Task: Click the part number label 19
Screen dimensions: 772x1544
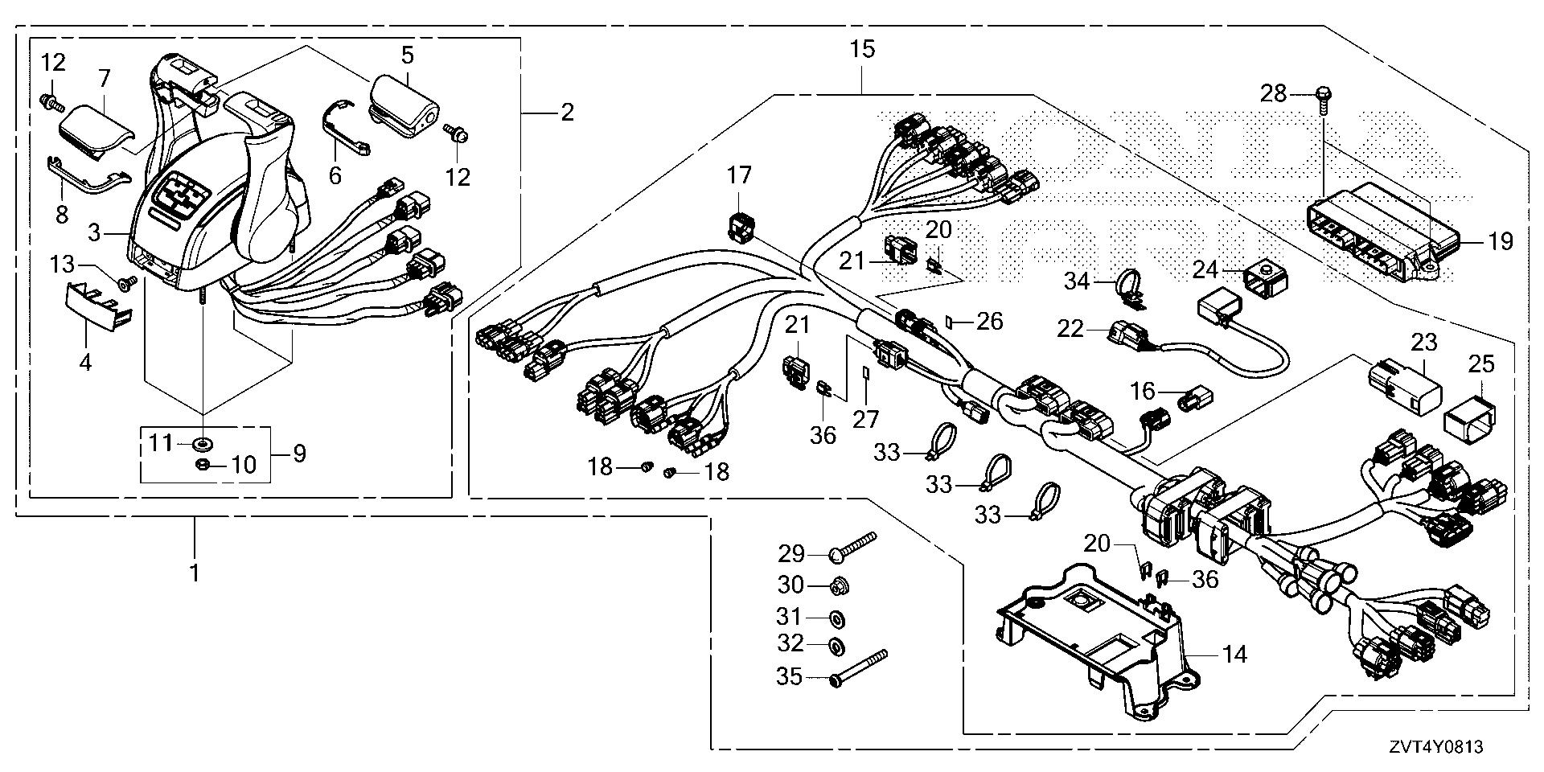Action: tap(1500, 241)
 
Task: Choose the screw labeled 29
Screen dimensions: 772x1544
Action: tap(852, 547)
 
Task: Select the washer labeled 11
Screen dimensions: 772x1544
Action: tap(202, 441)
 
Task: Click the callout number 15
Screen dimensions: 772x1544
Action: tap(861, 50)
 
